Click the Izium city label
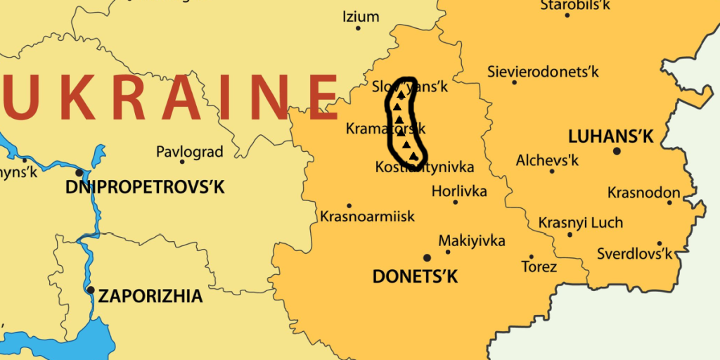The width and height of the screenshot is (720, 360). pos(360,16)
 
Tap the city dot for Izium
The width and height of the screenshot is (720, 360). pos(358,28)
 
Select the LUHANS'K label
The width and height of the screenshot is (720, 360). pos(610,136)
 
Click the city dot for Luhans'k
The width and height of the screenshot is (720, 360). pos(617,150)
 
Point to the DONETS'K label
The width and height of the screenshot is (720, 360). pos(415,276)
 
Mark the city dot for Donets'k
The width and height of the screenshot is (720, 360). pos(426,258)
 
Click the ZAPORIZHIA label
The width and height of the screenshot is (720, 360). pos(150,296)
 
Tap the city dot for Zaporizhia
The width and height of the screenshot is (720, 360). pos(90,290)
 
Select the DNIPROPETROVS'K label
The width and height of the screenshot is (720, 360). pos(145,187)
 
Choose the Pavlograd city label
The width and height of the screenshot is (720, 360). pos(189,151)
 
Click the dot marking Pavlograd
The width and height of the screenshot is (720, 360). pos(182,162)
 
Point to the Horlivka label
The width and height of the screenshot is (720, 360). pos(459,191)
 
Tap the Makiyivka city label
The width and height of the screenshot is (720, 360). pos(472,240)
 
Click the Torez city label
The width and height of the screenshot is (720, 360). pos(539,266)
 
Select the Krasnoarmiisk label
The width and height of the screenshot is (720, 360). pos(367,216)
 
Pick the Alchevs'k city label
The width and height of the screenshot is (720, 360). pos(547,160)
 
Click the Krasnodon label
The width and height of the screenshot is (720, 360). pos(643,193)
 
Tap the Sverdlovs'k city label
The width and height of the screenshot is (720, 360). pos(634,253)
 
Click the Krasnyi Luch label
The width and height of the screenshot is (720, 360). pos(580,222)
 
